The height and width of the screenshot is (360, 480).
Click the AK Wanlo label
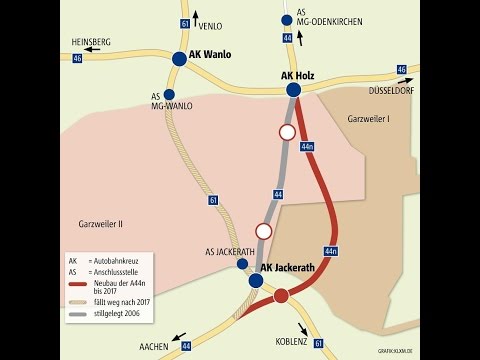[211, 57]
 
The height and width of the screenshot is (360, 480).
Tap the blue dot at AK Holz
[294, 90]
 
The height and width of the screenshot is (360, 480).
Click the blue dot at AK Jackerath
[256, 281]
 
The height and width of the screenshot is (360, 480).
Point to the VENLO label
[211, 25]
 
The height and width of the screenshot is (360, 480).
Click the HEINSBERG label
[92, 42]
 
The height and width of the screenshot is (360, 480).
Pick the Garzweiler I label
[368, 119]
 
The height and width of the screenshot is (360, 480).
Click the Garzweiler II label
[99, 224]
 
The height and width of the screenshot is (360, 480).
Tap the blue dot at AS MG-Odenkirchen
[287, 20]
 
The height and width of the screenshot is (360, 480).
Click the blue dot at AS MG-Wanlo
[169, 94]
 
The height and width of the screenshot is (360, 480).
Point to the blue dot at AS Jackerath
[242, 264]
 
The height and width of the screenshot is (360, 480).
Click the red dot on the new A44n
[281, 295]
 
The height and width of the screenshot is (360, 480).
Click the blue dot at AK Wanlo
[179, 59]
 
